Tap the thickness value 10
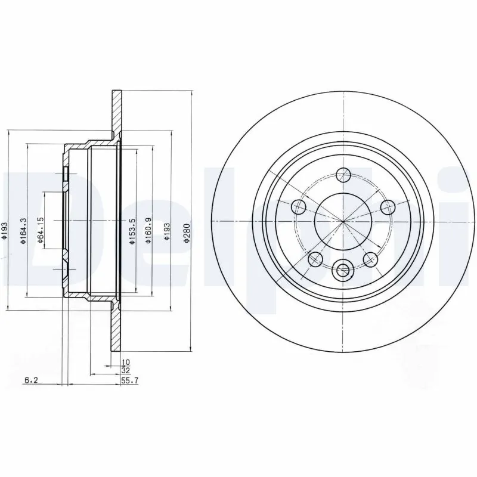[125, 362]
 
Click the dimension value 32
[125, 370]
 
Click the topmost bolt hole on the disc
[343, 175]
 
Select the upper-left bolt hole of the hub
[299, 207]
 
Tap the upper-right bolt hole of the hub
[388, 207]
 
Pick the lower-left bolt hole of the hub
[315, 259]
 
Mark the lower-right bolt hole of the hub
[371, 259]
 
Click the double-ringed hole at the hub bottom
[343, 270]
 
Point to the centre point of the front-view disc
[343, 221]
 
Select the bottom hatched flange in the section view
[116, 331]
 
